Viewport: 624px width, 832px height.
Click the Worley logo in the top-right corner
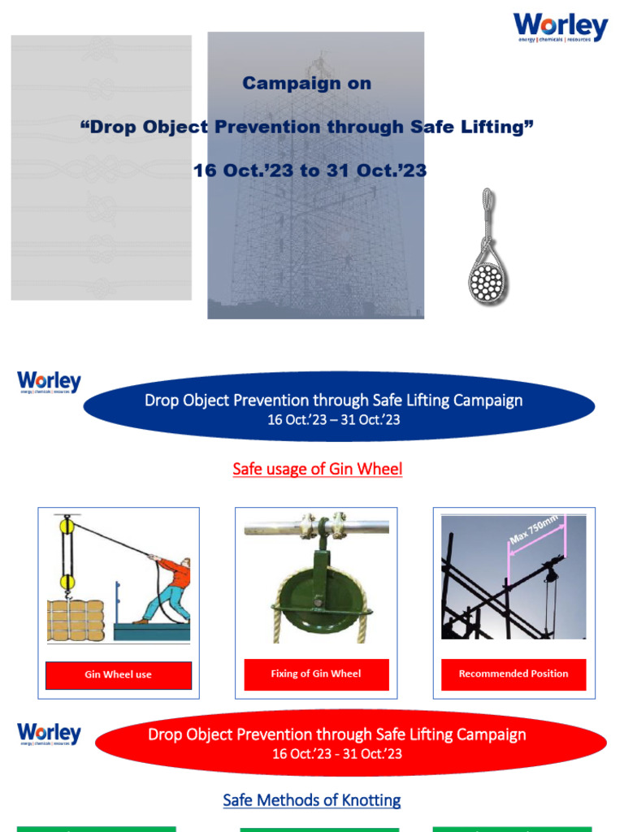(560, 28)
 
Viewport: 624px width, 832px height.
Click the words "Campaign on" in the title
(307, 83)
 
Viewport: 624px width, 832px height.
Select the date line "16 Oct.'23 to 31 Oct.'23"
(310, 171)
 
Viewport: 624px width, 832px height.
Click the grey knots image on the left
(101, 167)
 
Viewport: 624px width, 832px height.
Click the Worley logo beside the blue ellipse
(50, 382)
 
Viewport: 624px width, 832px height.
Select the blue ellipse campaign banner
(339, 406)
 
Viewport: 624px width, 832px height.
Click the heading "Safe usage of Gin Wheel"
(317, 469)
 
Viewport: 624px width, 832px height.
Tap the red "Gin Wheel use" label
(119, 674)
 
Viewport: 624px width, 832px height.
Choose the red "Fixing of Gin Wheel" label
(316, 674)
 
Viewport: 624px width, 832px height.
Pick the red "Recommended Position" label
(513, 674)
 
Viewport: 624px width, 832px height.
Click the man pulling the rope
(168, 587)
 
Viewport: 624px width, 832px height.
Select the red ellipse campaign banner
(350, 742)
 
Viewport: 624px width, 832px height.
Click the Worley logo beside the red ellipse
(50, 734)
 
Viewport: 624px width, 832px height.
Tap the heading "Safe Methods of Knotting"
(312, 800)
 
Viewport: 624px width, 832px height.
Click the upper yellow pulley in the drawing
(65, 526)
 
